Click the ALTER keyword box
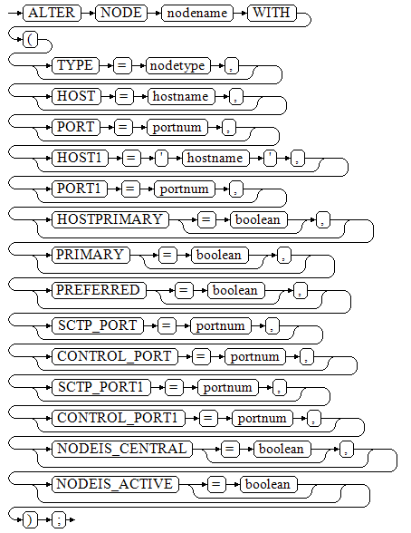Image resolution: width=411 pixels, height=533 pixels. click(52, 13)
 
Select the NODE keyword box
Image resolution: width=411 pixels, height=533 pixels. click(121, 13)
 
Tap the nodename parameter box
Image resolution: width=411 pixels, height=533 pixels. click(197, 13)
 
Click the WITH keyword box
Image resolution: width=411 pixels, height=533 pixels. click(272, 13)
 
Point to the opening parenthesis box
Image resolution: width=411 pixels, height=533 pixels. click(31, 40)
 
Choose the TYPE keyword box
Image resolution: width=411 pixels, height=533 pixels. click(75, 65)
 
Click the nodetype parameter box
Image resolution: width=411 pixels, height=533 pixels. click(177, 65)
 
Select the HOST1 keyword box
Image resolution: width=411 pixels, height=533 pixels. click(80, 158)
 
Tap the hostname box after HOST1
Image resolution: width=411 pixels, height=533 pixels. click(215, 158)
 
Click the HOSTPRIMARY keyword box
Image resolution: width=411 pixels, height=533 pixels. click(110, 219)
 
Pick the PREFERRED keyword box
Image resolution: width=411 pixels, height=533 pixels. click(99, 290)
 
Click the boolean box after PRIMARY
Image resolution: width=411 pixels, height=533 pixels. click(219, 255)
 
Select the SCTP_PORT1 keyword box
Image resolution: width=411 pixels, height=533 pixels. click(101, 387)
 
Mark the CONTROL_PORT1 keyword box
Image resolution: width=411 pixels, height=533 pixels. click(119, 418)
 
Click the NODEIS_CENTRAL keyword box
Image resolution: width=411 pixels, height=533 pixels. click(122, 449)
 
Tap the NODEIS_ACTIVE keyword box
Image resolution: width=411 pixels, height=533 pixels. click(115, 484)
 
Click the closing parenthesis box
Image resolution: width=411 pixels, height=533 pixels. click(31, 520)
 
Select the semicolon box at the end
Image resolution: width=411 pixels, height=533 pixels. click(59, 520)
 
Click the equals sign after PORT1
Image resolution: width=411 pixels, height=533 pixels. click(130, 189)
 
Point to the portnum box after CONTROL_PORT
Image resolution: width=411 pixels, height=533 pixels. click(255, 356)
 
